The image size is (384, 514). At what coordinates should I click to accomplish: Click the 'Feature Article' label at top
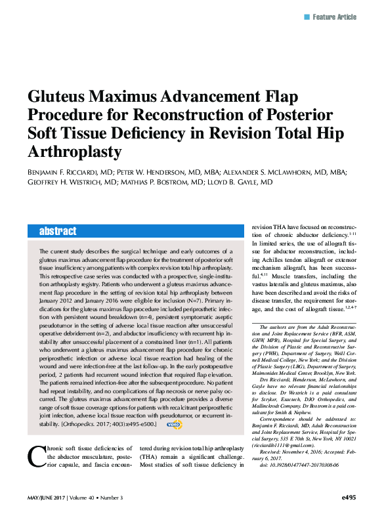pyautogui.click(x=339, y=16)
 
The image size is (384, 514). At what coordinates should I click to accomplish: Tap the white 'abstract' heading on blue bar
pyautogui.click(x=58, y=232)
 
